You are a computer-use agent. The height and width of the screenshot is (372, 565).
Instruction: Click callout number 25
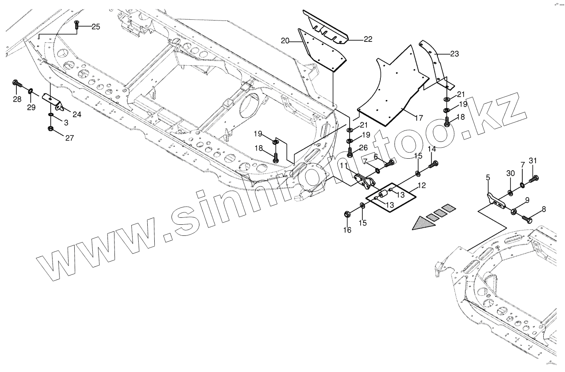(95, 27)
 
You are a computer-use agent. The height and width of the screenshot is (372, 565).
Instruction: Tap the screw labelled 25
(77, 26)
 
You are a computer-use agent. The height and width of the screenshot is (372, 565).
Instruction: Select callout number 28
(17, 99)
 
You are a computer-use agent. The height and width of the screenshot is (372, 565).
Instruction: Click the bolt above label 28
(18, 84)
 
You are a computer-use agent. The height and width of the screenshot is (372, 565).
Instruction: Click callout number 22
(368, 39)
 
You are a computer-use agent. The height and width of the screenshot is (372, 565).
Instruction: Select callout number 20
(285, 40)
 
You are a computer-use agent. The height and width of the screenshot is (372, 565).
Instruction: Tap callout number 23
(454, 53)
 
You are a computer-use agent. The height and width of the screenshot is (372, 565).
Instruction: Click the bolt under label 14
(432, 165)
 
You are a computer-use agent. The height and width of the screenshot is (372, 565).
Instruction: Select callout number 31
(533, 160)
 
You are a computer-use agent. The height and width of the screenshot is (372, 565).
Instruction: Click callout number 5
(488, 177)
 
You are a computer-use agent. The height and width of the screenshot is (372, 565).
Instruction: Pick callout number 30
(510, 173)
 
